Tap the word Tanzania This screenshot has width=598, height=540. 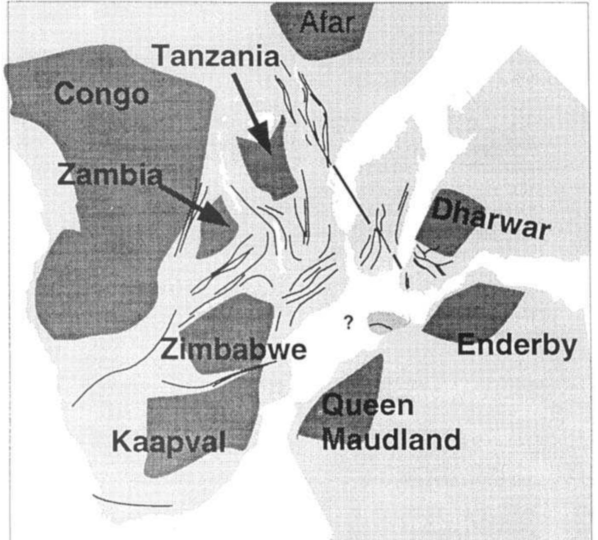[216, 56]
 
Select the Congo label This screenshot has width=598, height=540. [102, 94]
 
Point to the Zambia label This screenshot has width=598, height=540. [109, 175]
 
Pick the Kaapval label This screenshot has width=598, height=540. [168, 442]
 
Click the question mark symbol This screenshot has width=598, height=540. [348, 323]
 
